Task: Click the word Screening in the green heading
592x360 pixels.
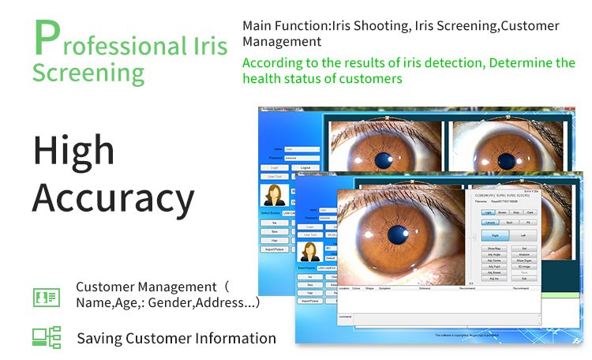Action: [x=88, y=73]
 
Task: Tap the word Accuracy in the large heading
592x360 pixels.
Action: [x=113, y=198]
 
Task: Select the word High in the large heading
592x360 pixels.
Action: [x=73, y=150]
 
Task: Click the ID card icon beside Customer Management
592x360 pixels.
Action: [x=46, y=297]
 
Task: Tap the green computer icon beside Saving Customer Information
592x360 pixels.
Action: [x=46, y=337]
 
